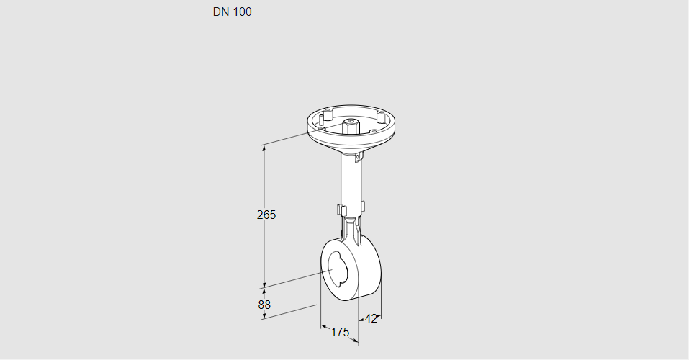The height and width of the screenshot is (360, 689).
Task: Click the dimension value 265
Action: coord(266,215)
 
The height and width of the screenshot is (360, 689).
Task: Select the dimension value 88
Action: coord(264,305)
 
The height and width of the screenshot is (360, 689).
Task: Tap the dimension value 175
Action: coord(340,333)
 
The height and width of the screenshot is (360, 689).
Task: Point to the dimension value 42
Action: coord(371,319)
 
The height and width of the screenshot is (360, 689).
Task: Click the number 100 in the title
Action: coord(242,12)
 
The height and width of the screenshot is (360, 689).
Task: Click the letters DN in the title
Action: coord(221,12)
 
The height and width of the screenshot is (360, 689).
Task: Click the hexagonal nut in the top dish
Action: coord(350,126)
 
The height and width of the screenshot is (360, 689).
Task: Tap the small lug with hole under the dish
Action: coord(359,156)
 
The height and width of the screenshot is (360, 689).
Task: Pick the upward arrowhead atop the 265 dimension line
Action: coord(264,148)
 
